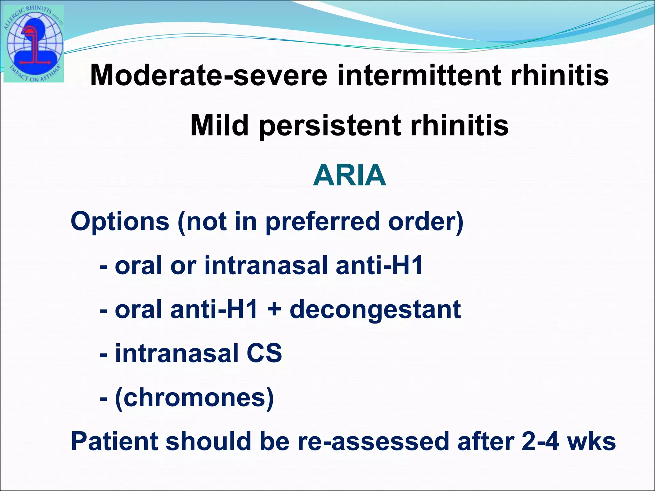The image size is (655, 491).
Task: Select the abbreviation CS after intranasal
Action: tap(264, 354)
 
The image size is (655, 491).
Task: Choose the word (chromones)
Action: tap(194, 398)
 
